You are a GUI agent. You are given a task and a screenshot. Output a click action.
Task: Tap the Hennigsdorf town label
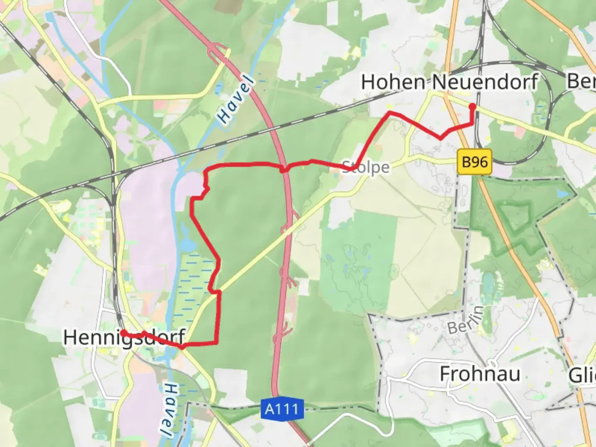coord(123,338)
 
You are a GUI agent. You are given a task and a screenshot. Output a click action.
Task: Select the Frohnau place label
coord(480,374)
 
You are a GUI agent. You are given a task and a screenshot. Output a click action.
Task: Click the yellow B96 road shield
coord(475,161)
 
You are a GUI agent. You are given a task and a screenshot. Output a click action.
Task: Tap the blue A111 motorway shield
coord(282,409)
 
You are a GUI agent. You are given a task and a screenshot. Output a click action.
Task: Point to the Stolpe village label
coord(366,168)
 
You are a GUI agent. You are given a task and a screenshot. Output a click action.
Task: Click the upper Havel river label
coord(236,99)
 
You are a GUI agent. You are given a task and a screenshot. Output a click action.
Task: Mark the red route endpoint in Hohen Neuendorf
coord(472,107)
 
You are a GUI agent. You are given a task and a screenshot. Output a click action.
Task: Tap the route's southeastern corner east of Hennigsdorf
coord(216,342)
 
